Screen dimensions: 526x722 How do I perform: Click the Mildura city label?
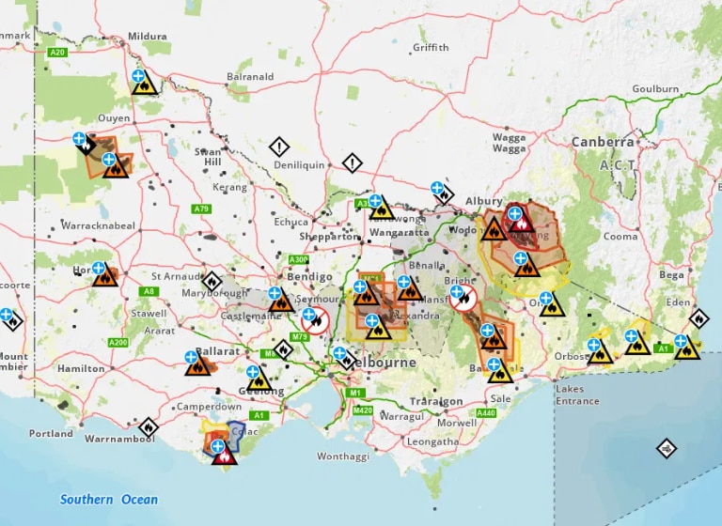[149, 37]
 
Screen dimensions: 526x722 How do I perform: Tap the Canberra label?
[603, 142]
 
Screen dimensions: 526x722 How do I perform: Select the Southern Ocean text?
[109, 500]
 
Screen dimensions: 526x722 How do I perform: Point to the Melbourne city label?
[385, 362]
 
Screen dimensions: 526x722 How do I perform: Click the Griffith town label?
[431, 47]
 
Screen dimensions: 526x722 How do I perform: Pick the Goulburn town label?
[655, 89]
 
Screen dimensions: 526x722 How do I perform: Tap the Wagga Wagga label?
[509, 143]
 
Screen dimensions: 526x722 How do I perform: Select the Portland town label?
[51, 434]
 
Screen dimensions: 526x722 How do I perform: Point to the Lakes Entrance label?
[576, 395]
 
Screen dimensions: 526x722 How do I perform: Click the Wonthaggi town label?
[342, 456]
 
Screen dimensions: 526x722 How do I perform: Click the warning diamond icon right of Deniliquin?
[352, 163]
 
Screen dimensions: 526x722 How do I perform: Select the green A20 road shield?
[57, 53]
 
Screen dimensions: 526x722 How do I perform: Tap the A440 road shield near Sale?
[485, 413]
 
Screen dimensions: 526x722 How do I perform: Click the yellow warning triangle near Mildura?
[144, 85]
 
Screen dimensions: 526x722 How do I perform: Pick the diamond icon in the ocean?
[666, 447]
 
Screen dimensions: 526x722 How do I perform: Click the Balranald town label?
[250, 76]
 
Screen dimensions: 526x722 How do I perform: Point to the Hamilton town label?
[81, 369]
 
